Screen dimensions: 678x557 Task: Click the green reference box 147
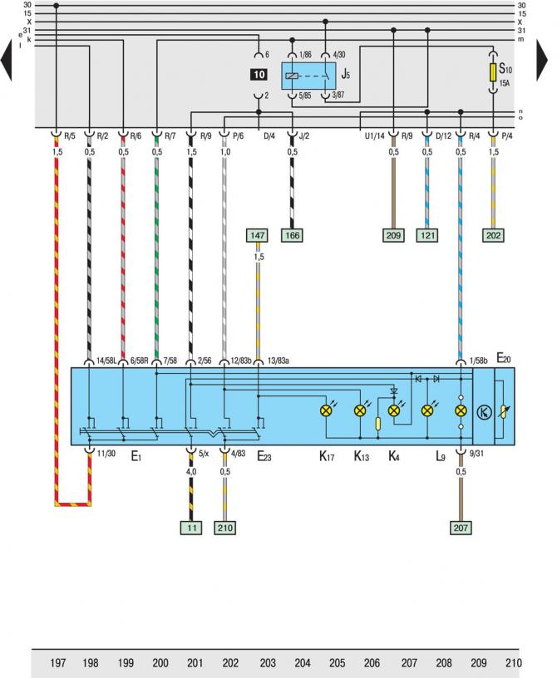tap(259, 237)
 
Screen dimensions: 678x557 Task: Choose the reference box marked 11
tap(191, 526)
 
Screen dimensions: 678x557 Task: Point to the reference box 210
tap(225, 526)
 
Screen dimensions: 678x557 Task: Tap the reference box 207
tap(461, 526)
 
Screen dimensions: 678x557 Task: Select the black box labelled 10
tap(258, 75)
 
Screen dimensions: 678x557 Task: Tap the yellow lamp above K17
tap(327, 410)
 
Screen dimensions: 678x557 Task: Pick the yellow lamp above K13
tap(360, 410)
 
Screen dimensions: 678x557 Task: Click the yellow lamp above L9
tap(461, 410)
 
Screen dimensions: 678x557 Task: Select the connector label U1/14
tap(372, 135)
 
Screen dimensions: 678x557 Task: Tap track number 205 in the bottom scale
tap(337, 663)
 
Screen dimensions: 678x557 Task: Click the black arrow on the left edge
tap(7, 63)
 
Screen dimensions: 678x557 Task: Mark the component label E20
tap(504, 358)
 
